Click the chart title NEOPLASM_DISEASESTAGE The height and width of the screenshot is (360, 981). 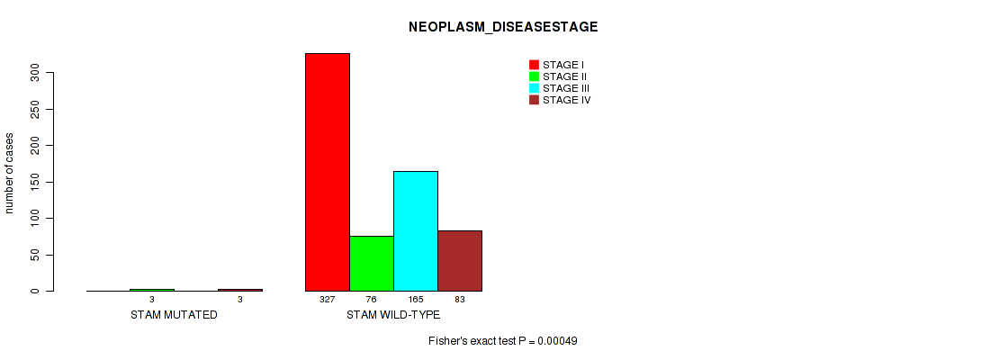coord(503,27)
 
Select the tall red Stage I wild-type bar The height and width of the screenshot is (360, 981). coord(328,172)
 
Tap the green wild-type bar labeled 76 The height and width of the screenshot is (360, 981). coord(372,264)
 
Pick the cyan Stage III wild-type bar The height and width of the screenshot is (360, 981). coord(416,231)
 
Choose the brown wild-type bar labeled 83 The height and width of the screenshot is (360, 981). coord(460,261)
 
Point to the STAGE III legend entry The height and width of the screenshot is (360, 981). coord(559,88)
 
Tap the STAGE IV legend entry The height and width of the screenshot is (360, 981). coord(560,100)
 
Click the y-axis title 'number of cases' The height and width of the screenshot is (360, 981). coord(9,173)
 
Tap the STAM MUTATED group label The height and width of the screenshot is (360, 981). coord(174,315)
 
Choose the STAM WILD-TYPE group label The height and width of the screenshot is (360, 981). coord(393,315)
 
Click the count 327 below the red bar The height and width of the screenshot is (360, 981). coord(328,300)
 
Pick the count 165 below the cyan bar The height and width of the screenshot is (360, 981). coord(416,300)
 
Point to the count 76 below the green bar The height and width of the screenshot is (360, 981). coord(372,300)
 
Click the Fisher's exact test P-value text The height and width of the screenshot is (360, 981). coord(503,341)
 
